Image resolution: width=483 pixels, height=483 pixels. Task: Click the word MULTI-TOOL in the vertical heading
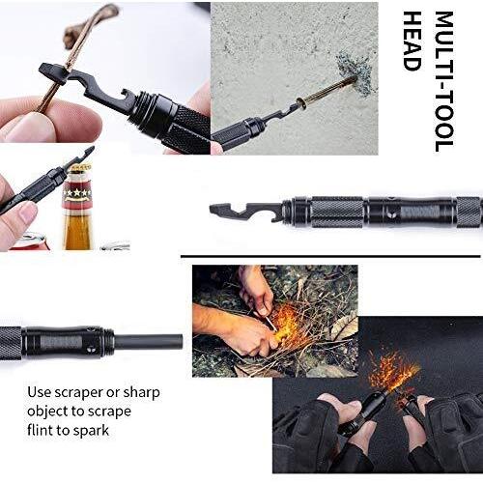tap(444, 81)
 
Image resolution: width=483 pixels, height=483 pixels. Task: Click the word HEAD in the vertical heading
tap(412, 41)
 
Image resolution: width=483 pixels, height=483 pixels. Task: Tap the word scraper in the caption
tap(78, 393)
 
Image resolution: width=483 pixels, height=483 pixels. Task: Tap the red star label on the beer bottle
tap(76, 192)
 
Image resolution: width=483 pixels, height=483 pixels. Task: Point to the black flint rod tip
tap(180, 342)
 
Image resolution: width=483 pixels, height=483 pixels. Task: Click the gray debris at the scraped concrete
tap(355, 74)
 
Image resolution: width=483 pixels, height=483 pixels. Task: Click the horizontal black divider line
tap(330, 256)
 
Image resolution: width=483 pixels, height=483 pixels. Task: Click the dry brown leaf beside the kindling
tap(345, 326)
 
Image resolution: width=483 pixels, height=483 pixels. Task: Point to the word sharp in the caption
tap(141, 393)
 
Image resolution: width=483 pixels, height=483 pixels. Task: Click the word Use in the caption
tap(39, 392)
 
